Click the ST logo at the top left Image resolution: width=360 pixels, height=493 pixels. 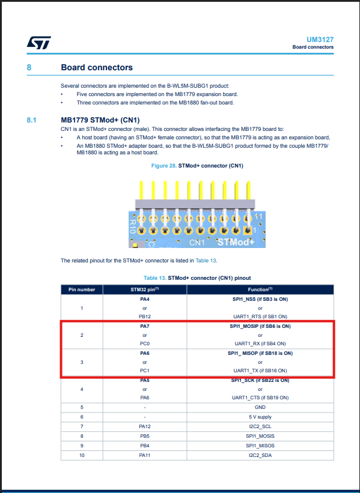coord(38,43)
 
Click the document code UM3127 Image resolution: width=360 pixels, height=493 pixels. coord(321,39)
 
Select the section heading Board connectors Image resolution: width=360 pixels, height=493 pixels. coord(97,68)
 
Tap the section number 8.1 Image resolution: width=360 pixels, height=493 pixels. coord(32,120)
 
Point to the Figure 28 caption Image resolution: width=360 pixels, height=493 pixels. coord(197,166)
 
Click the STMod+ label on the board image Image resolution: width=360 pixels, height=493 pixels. coord(237,242)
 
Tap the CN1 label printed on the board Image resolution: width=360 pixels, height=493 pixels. coord(197,243)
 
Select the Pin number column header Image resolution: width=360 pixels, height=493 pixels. coord(82,289)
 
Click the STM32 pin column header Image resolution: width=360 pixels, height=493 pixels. coord(144,289)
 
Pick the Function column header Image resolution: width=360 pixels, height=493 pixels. coord(260,289)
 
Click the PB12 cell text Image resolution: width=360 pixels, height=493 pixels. coord(144,316)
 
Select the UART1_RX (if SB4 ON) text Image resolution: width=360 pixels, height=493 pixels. coord(260,343)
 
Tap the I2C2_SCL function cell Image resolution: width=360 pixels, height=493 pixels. coord(260,426)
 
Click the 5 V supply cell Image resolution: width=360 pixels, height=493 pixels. coord(260,417)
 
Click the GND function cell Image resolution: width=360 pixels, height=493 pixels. coord(260,407)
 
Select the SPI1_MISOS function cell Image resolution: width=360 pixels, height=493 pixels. coord(260,445)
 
